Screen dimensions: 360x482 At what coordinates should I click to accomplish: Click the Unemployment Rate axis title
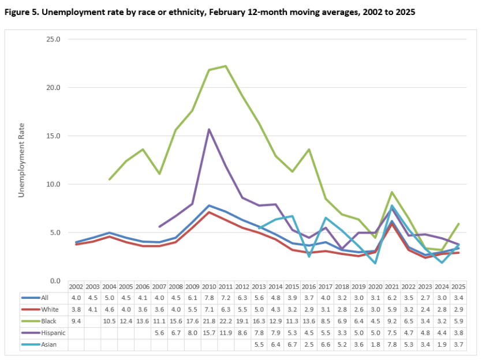pyautogui.click(x=21, y=160)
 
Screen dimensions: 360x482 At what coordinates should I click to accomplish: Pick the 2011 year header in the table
pyautogui.click(x=226, y=286)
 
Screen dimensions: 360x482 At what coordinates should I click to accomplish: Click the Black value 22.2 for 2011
pyautogui.click(x=226, y=321)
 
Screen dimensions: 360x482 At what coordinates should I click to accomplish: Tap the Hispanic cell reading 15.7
pyautogui.click(x=209, y=333)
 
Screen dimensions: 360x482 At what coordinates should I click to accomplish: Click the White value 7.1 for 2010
pyautogui.click(x=209, y=309)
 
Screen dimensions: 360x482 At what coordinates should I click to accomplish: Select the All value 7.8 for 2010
pyautogui.click(x=209, y=297)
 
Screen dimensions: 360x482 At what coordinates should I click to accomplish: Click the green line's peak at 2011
pyautogui.click(x=226, y=66)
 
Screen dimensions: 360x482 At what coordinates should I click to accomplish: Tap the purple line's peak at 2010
pyautogui.click(x=209, y=129)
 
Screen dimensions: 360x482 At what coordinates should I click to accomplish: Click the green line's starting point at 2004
pyautogui.click(x=110, y=179)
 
